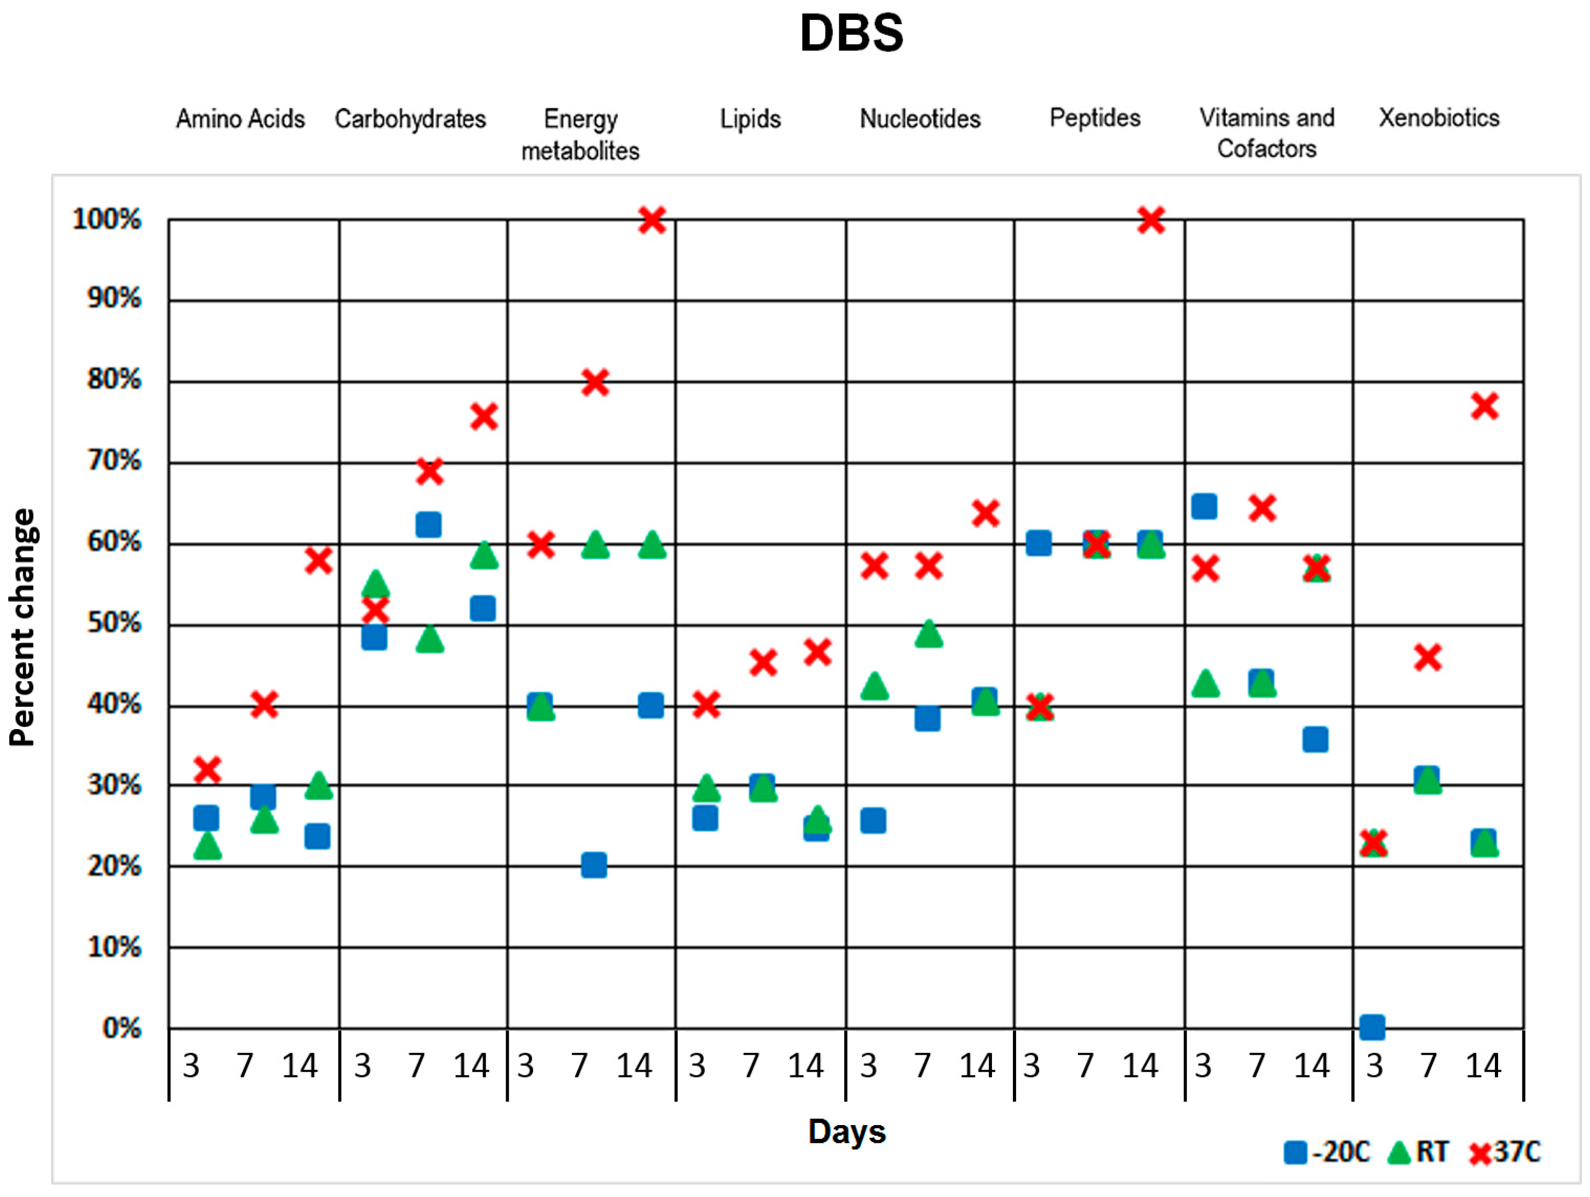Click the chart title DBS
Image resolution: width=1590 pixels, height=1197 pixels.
(x=851, y=34)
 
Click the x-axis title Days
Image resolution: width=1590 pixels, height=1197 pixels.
(x=847, y=1131)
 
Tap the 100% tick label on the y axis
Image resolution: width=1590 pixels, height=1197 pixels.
(x=107, y=219)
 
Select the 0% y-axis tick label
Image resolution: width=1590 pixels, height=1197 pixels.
(x=121, y=1029)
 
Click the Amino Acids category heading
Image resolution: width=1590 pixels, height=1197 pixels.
(x=240, y=119)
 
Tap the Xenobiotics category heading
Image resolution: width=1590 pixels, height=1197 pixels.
(x=1438, y=118)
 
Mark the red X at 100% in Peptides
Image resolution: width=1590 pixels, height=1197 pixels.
(x=1151, y=220)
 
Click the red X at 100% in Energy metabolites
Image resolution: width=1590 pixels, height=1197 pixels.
(x=652, y=220)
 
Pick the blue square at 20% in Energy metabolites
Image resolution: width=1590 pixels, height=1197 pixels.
(x=594, y=865)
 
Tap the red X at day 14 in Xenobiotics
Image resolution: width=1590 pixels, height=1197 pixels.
(x=1484, y=407)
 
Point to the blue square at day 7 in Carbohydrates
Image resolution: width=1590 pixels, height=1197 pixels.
(x=428, y=524)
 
